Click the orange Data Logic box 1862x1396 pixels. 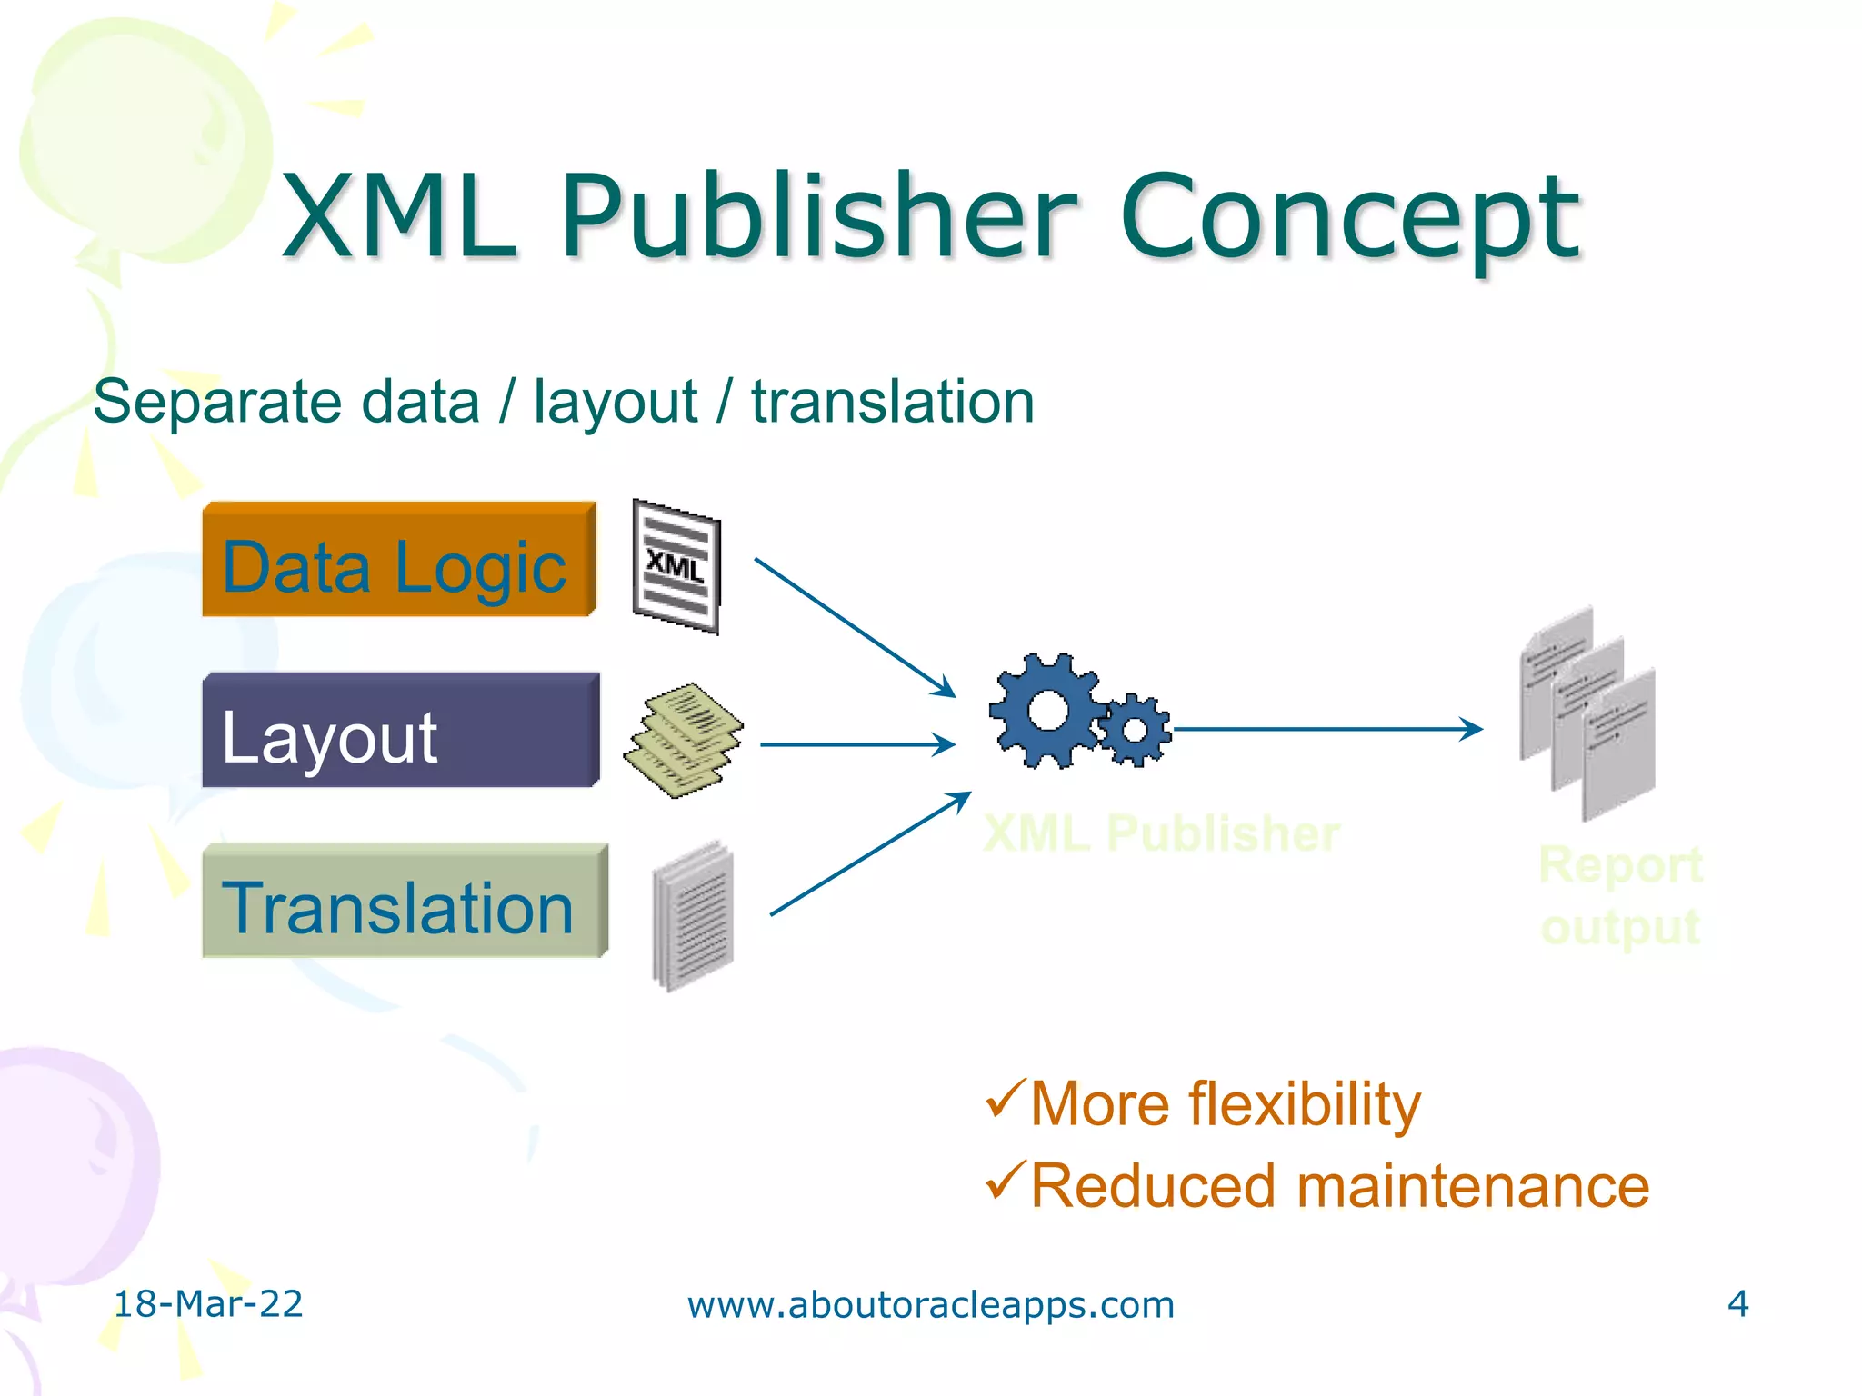click(x=398, y=560)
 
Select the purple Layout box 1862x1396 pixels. click(x=400, y=731)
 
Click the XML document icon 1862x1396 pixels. click(x=677, y=566)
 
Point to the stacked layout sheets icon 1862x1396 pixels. click(x=683, y=740)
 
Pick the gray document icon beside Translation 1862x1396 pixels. click(x=693, y=915)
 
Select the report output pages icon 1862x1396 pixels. click(x=1587, y=714)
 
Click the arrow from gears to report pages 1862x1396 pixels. click(x=1327, y=729)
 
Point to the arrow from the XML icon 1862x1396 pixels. click(x=855, y=627)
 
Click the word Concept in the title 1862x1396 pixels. click(x=1350, y=218)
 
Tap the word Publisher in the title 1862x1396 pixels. click(x=819, y=218)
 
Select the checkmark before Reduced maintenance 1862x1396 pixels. click(x=1006, y=1181)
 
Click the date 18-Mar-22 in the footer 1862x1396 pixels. click(x=208, y=1304)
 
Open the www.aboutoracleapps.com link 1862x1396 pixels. click(x=931, y=1305)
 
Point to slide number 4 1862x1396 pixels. click(x=1737, y=1304)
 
